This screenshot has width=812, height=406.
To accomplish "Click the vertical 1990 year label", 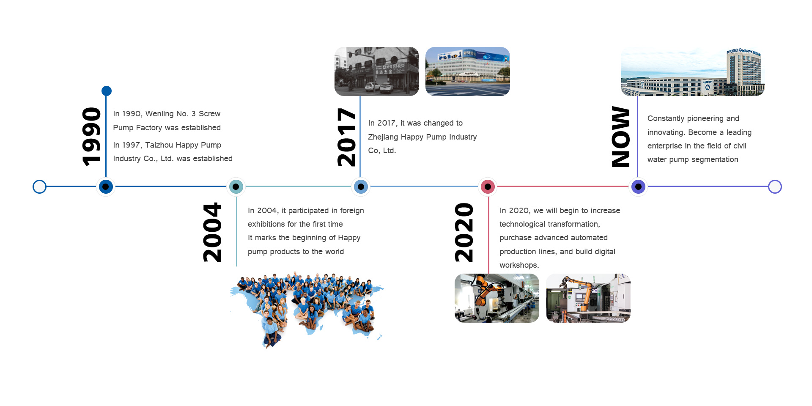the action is click(91, 137).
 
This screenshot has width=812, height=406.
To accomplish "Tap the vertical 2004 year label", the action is click(212, 232).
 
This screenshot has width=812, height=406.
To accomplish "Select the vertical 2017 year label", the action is click(346, 137).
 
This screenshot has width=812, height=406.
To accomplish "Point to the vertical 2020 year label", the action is click(464, 232).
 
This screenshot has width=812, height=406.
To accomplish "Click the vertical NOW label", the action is click(620, 137).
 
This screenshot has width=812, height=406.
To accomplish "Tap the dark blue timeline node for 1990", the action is click(106, 187).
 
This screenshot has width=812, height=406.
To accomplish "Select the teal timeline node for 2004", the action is click(236, 187).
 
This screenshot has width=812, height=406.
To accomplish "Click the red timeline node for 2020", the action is click(488, 187).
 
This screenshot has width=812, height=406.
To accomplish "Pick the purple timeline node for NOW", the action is click(638, 187).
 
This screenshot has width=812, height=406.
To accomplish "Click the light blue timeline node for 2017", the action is click(361, 187).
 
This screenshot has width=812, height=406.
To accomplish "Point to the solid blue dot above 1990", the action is click(107, 91).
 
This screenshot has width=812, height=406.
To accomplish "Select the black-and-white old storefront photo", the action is click(377, 71).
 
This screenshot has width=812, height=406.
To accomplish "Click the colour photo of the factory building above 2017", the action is click(468, 71).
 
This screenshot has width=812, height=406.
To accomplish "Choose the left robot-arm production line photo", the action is click(497, 298).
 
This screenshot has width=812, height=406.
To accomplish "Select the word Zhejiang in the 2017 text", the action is click(383, 137).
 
